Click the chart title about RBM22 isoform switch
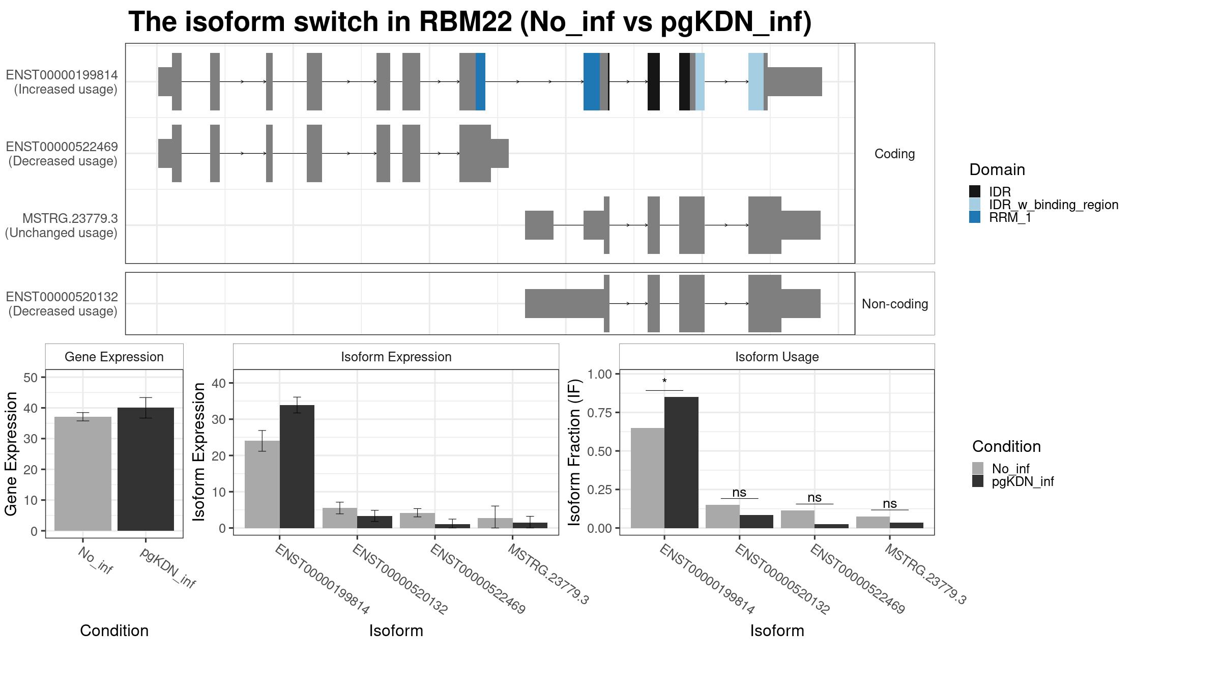[470, 22]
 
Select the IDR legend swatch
[975, 191]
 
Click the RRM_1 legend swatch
[975, 217]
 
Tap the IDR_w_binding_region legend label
[1054, 205]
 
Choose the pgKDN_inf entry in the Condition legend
[1023, 481]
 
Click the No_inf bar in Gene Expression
[83, 474]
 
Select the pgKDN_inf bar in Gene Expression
[146, 469]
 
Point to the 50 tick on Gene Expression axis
[31, 378]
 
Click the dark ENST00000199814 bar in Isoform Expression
[297, 467]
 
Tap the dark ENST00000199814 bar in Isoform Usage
[681, 463]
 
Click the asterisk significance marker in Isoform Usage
[664, 381]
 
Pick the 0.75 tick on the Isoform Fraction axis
[599, 412]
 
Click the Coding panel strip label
[894, 154]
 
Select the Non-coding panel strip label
[895, 304]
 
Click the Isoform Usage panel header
[777, 357]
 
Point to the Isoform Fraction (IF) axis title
[574, 452]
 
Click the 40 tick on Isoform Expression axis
[219, 383]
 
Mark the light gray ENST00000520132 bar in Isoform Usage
[722, 517]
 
